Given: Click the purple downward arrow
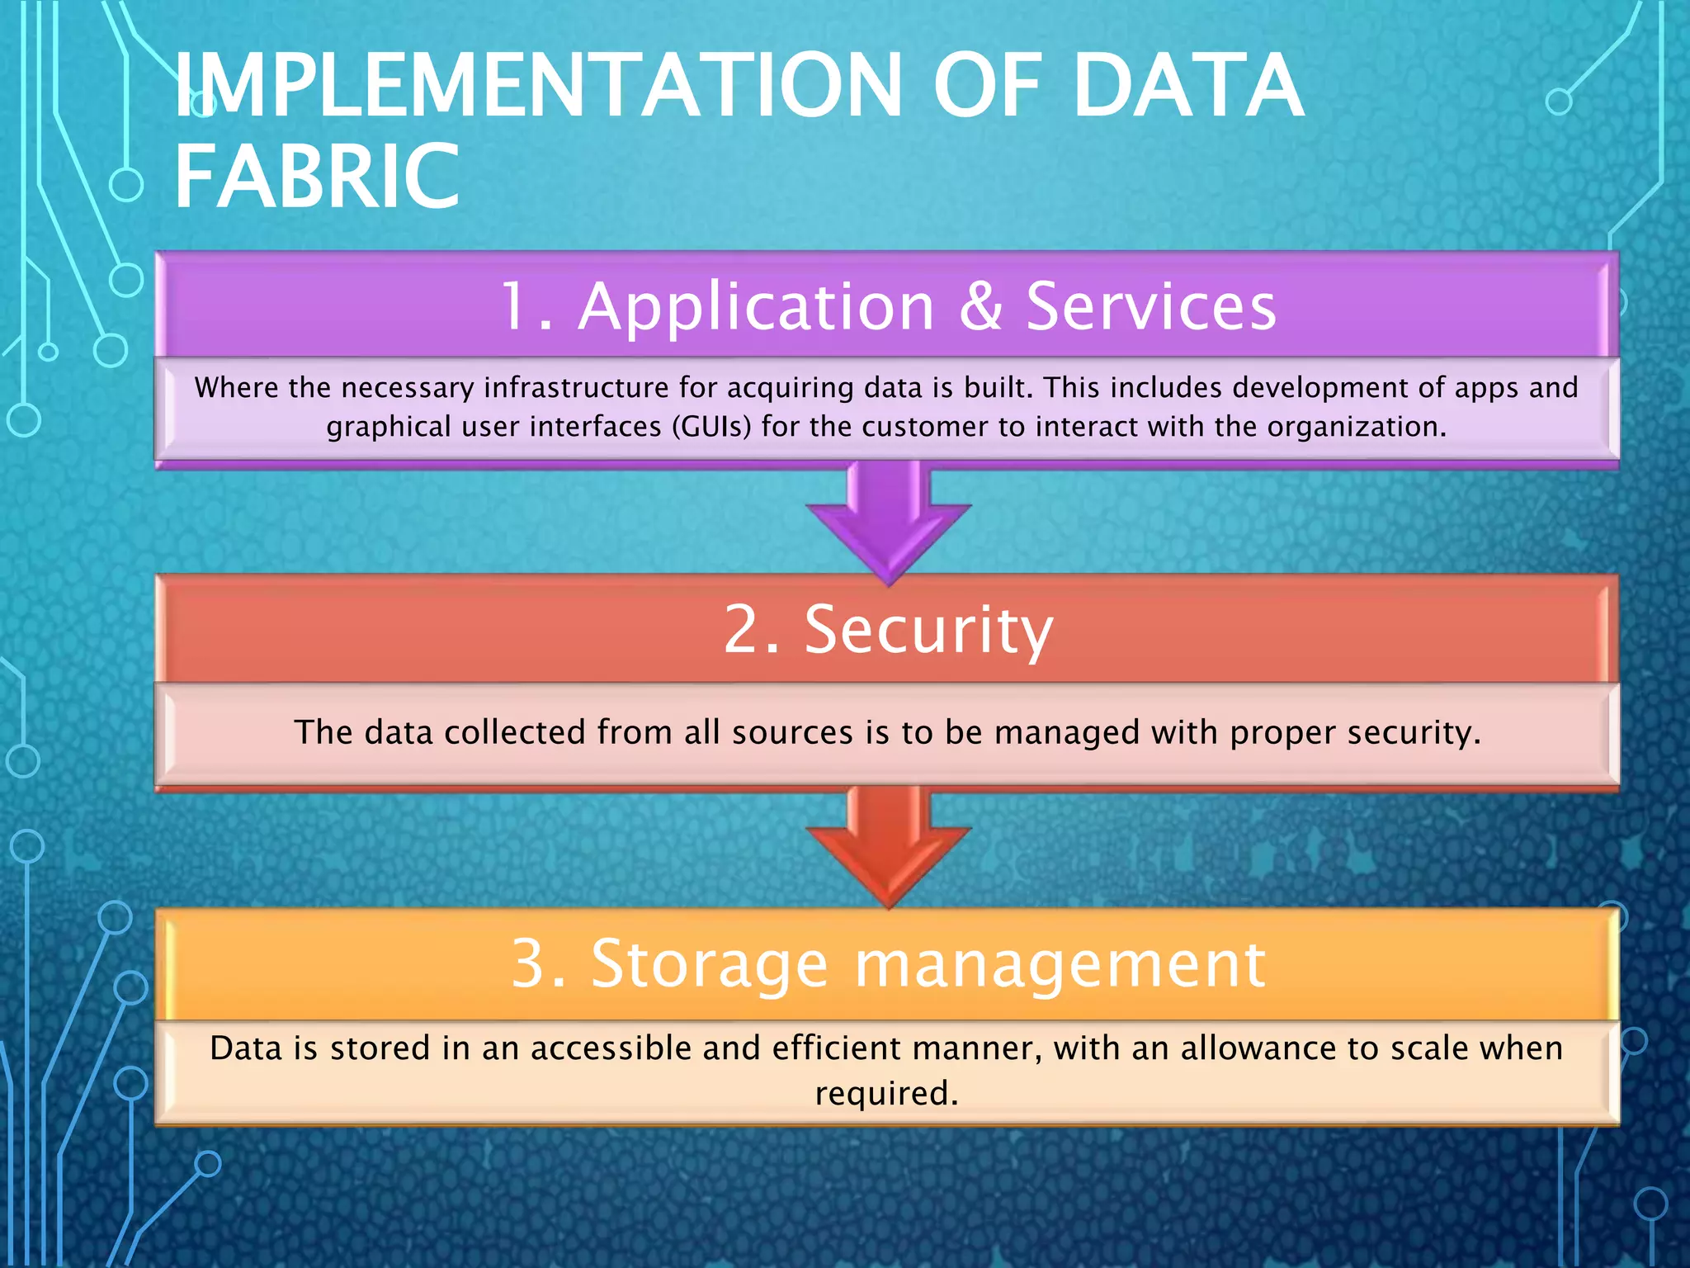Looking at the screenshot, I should (x=888, y=521).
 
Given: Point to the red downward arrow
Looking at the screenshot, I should (x=888, y=845).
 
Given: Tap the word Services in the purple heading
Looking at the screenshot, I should (x=1151, y=306).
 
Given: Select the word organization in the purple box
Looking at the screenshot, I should (x=1353, y=428).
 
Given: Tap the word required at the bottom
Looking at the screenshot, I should (x=885, y=1094).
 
